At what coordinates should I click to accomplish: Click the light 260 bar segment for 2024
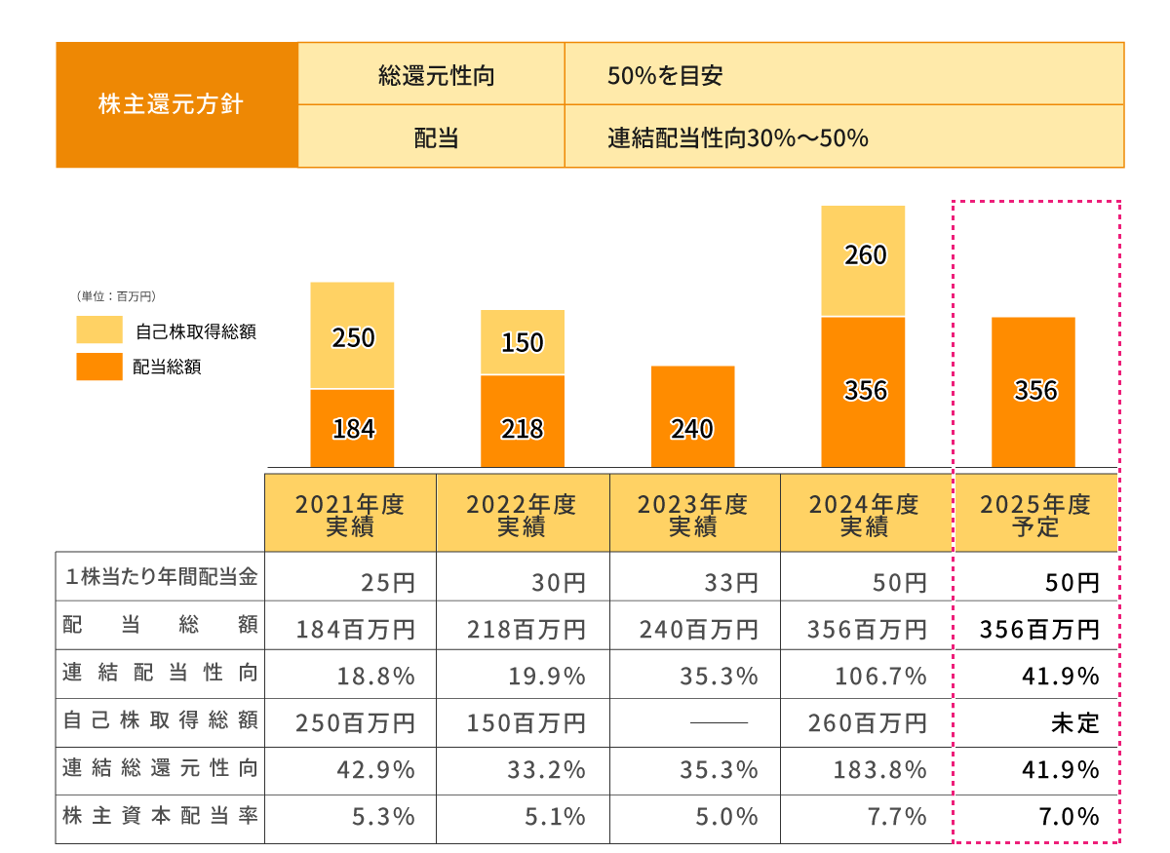pyautogui.click(x=863, y=260)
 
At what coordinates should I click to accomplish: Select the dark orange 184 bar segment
pyautogui.click(x=353, y=429)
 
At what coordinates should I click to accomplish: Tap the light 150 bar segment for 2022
pyautogui.click(x=523, y=342)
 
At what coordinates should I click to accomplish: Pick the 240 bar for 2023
pyautogui.click(x=692, y=417)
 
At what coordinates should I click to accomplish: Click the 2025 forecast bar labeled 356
pyautogui.click(x=1033, y=392)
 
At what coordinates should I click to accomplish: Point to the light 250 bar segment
pyautogui.click(x=353, y=335)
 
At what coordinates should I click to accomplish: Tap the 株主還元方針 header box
pyautogui.click(x=176, y=104)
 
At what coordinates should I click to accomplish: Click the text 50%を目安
pyautogui.click(x=664, y=75)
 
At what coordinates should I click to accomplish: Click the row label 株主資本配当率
pyautogui.click(x=160, y=817)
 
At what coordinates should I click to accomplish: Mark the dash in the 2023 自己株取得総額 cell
pyautogui.click(x=718, y=723)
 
